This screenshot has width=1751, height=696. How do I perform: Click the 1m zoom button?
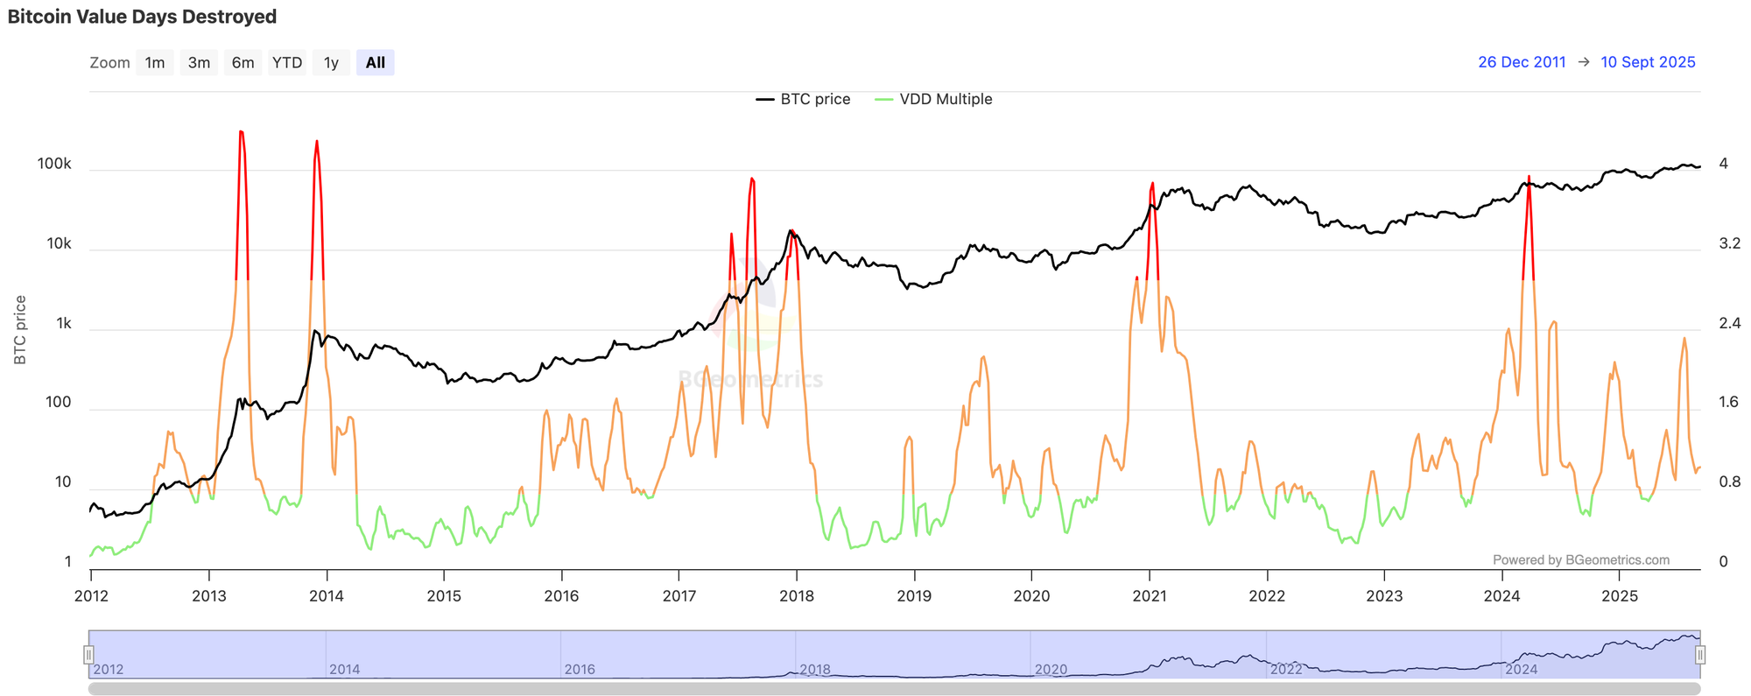tap(155, 62)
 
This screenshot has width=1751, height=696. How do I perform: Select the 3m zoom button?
tap(199, 62)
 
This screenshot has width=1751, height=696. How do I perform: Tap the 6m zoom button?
tap(243, 62)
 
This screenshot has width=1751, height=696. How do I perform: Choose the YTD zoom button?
tap(287, 62)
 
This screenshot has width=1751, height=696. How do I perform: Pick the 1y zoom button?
tap(331, 62)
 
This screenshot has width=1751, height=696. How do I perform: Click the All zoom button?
tap(376, 62)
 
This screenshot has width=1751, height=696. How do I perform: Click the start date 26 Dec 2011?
tap(1522, 62)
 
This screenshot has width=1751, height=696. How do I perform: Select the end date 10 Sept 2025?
tap(1648, 62)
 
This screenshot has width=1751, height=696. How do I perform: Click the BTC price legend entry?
tap(804, 99)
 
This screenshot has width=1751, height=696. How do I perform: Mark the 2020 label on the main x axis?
tap(1031, 596)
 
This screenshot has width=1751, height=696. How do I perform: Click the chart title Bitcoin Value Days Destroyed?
tap(142, 17)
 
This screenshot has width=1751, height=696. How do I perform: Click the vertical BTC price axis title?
tap(20, 330)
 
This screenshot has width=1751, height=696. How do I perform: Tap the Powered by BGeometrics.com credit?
tap(1580, 559)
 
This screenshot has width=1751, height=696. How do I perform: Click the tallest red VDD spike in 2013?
tap(242, 133)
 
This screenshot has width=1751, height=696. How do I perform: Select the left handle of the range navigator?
tap(88, 654)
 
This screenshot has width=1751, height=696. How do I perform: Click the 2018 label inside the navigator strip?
tap(814, 669)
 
